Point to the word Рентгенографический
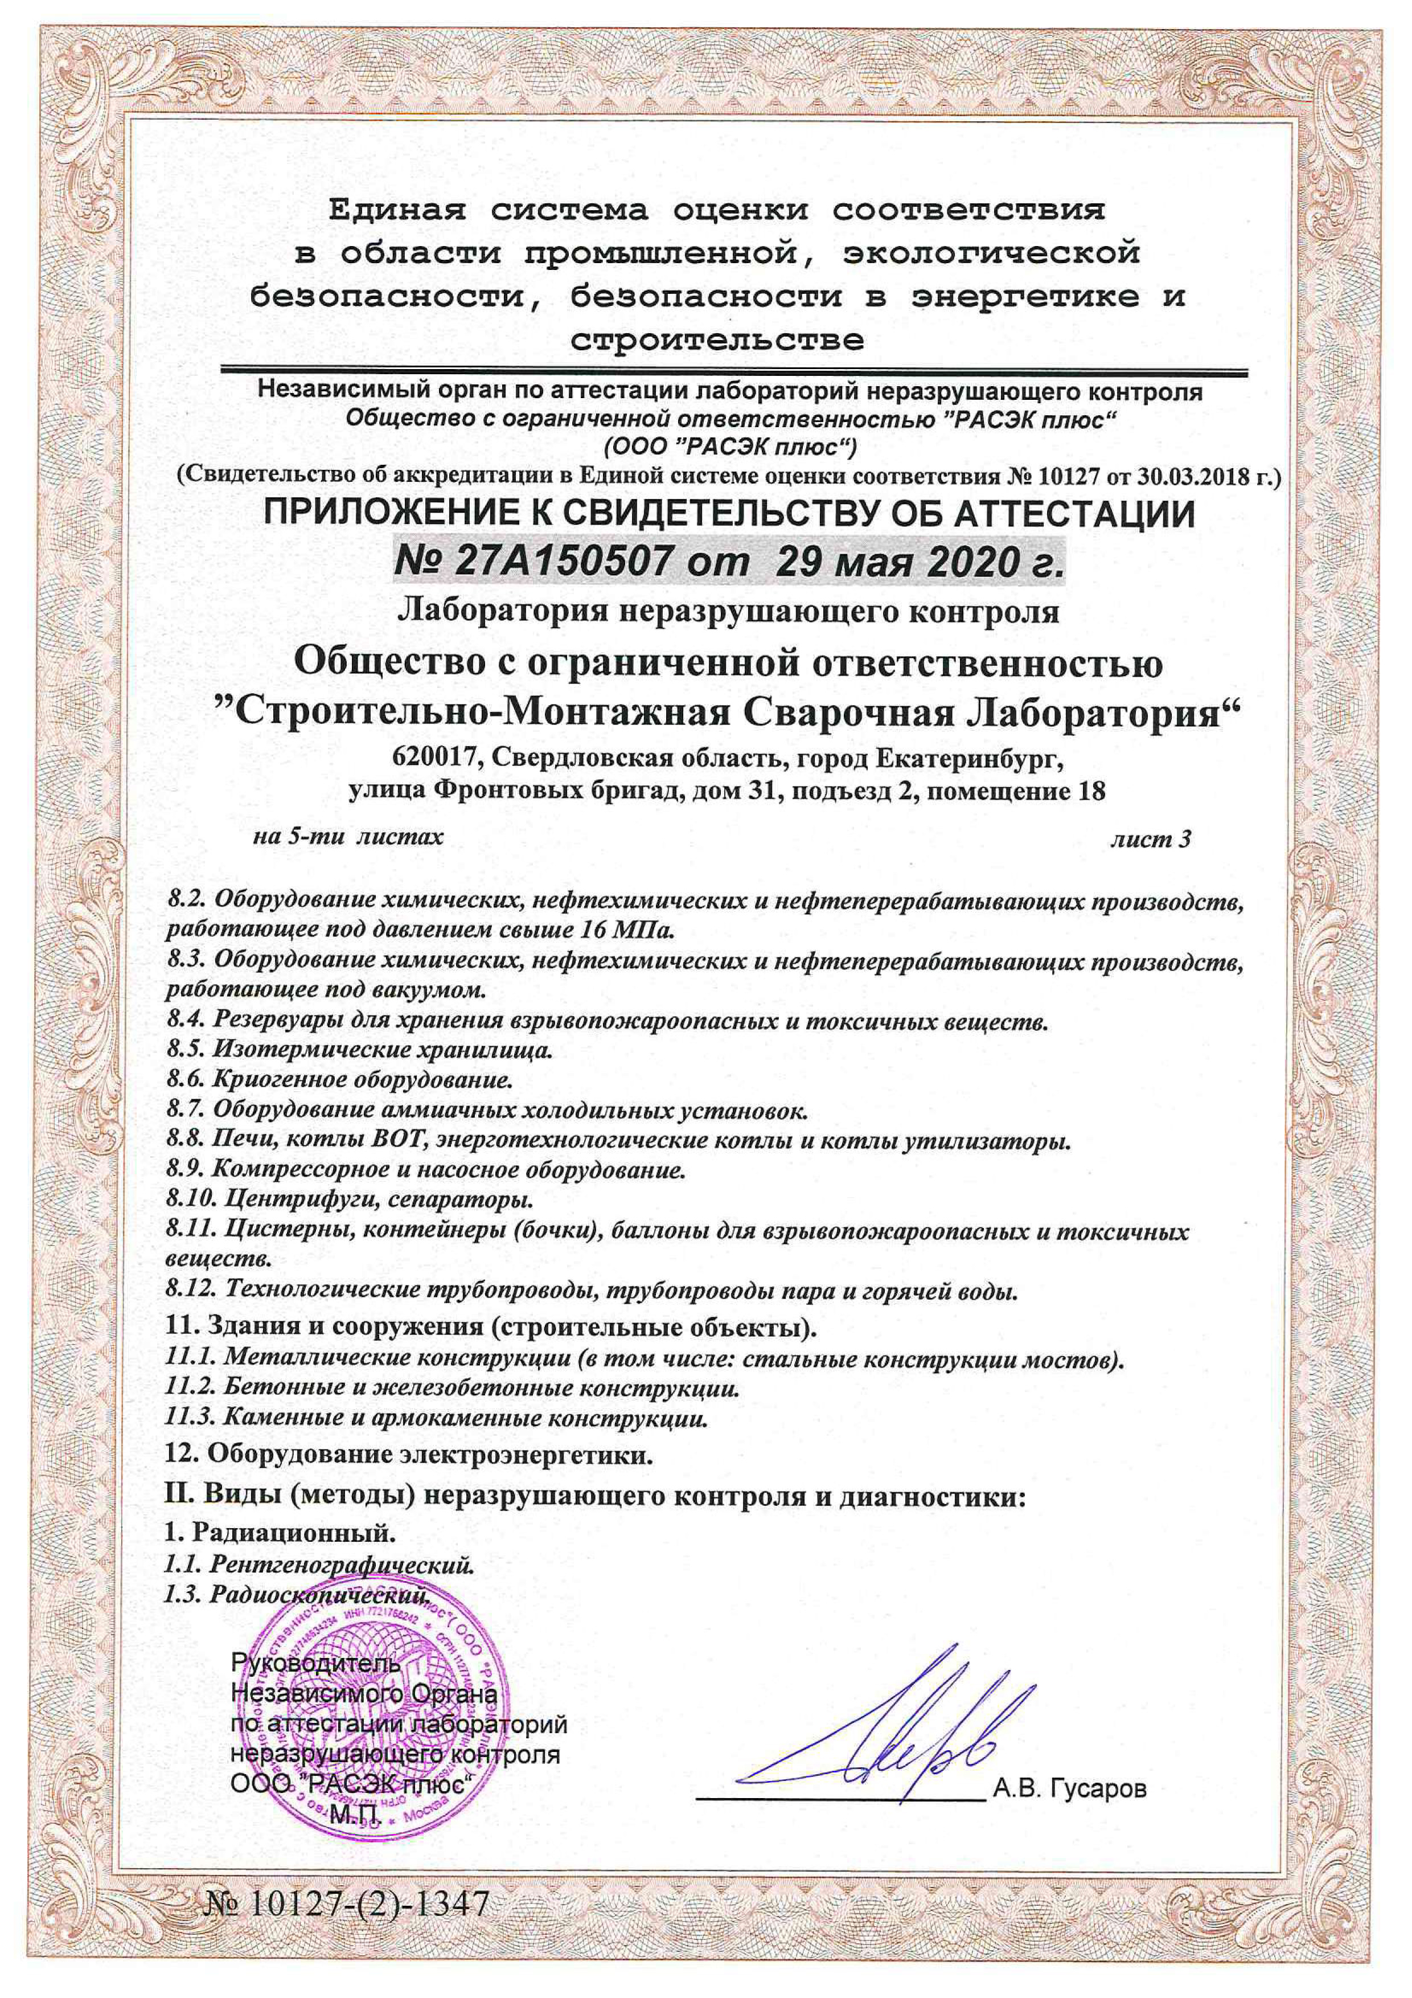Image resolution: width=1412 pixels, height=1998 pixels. [343, 1565]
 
